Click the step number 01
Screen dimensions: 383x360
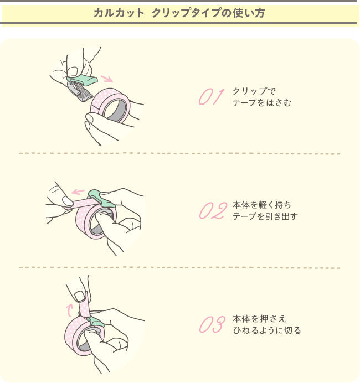[x=210, y=96]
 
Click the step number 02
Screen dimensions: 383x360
[x=213, y=211]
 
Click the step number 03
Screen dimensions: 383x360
[x=212, y=325]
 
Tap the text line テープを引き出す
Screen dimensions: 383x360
[x=265, y=216]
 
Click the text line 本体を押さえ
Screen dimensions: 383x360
[x=259, y=319]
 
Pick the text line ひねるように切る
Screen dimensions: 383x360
[x=266, y=330]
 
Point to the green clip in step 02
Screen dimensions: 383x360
[x=100, y=196]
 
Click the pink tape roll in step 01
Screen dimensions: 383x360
[x=110, y=105]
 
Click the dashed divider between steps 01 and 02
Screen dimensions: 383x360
[x=179, y=153]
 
